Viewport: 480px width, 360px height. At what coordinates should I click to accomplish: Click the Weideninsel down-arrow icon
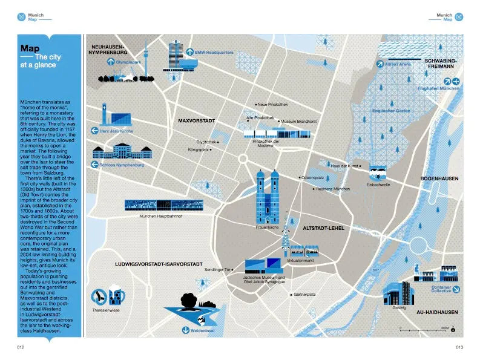coord(186,330)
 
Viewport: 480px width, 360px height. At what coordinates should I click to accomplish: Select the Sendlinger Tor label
coord(218,269)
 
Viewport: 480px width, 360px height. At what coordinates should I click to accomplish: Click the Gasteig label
coord(399,307)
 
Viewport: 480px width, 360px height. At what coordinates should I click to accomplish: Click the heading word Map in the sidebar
coord(30,48)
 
